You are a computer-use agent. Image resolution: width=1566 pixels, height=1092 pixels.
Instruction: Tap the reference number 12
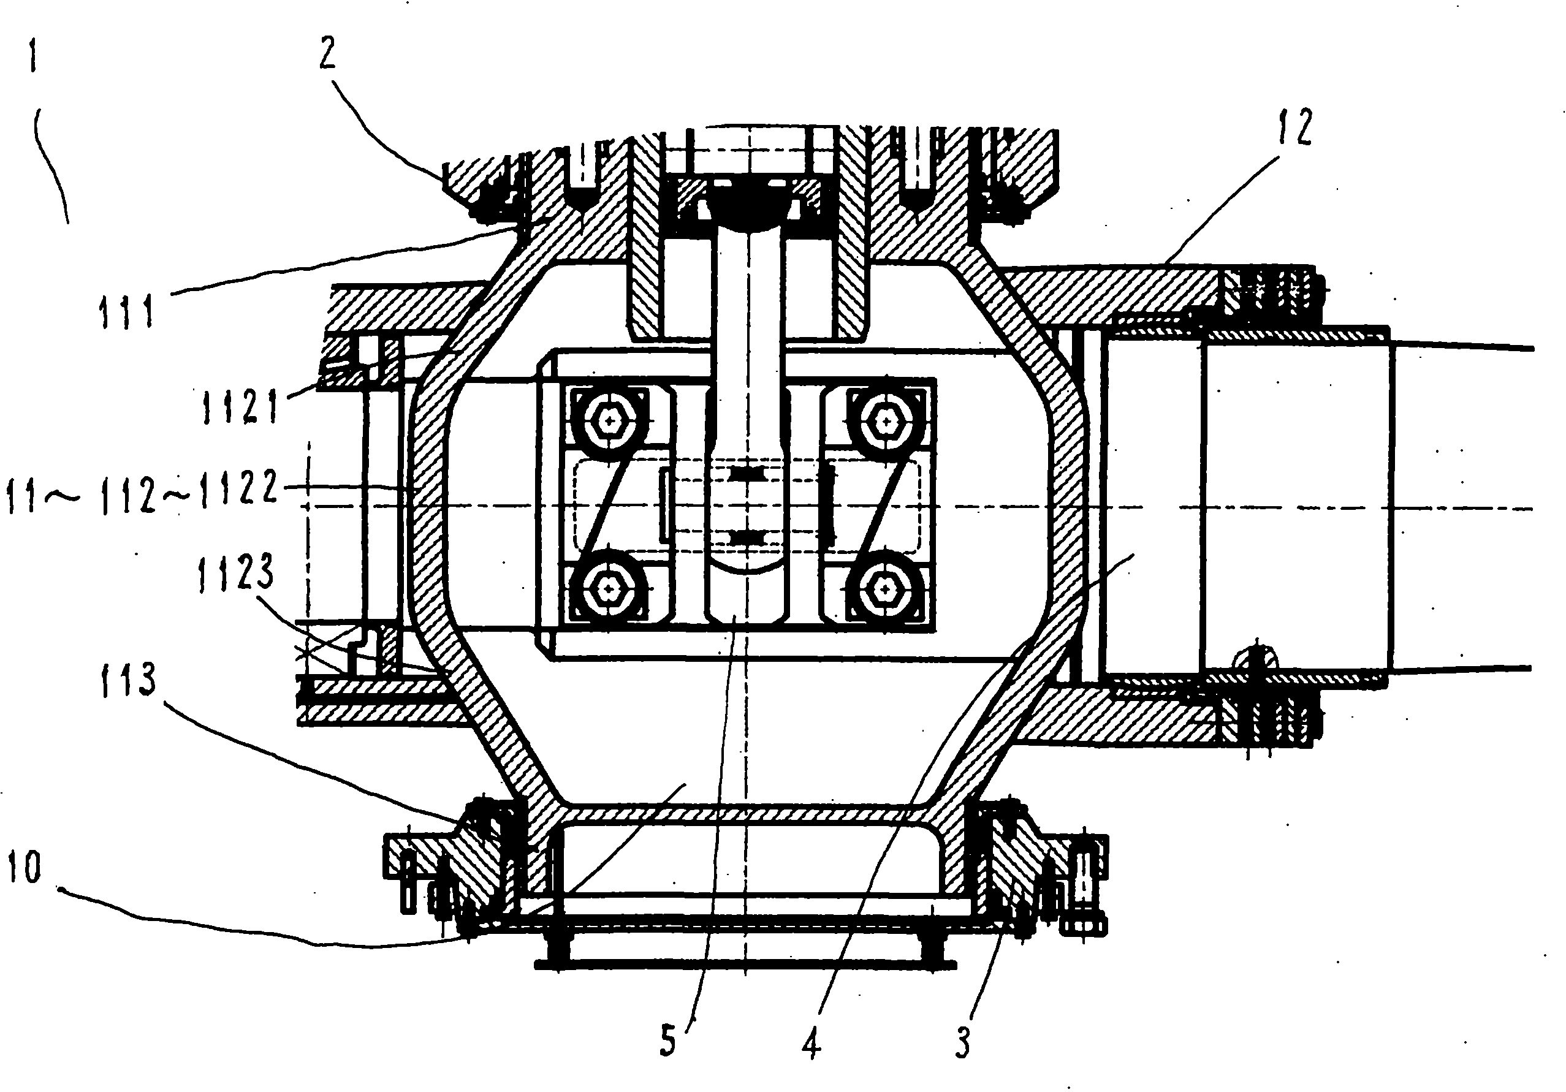[x=1294, y=127]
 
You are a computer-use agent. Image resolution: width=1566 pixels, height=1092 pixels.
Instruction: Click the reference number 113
[x=128, y=681]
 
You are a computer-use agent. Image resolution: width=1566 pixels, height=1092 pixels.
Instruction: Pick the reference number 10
[x=25, y=868]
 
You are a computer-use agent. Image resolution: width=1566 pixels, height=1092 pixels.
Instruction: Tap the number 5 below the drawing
[x=667, y=1041]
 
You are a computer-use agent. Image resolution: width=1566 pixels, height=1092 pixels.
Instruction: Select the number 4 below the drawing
[x=812, y=1044]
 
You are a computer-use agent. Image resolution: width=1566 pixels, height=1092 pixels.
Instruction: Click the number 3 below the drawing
[x=962, y=1042]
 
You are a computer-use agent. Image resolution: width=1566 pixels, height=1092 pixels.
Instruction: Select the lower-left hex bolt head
[x=607, y=587]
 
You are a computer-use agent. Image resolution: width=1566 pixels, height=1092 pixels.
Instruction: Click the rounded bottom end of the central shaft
[x=748, y=600]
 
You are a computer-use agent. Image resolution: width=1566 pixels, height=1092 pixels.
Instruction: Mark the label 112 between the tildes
[x=128, y=495]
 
